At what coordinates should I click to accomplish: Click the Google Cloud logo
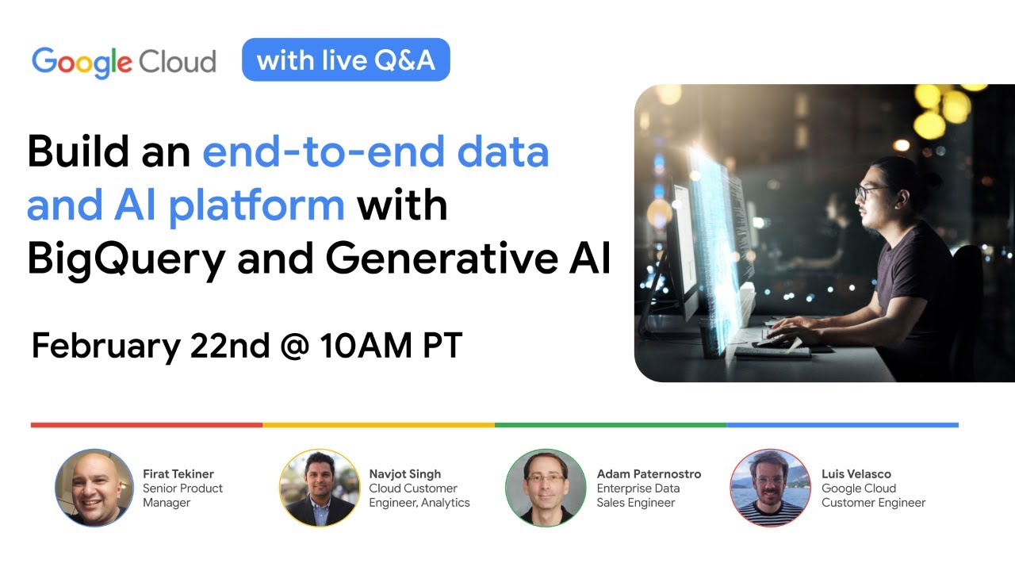pos(124,62)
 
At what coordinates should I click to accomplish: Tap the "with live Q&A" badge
pos(346,60)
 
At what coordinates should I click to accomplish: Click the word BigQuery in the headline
pos(126,259)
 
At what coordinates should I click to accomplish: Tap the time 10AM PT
pos(391,347)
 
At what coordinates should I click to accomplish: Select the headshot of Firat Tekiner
pos(94,488)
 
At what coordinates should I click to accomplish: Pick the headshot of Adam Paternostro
pos(546,488)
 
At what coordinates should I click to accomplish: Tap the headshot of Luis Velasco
pos(770,488)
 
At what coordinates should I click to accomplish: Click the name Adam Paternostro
pos(649,473)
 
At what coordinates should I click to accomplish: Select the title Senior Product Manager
pos(182,495)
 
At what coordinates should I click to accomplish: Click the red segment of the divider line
pos(147,425)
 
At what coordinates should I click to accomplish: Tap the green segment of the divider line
pos(611,425)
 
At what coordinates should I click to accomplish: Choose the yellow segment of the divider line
pos(378,425)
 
